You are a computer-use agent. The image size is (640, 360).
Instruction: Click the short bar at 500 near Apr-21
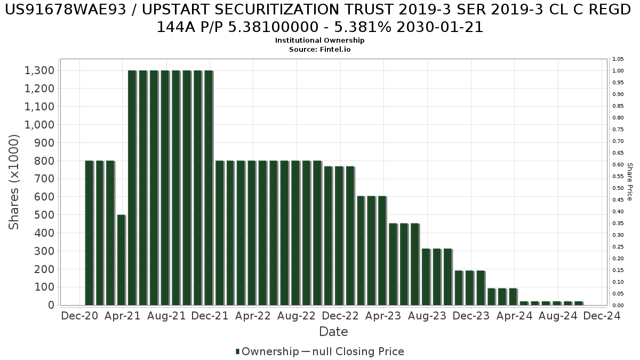coord(121,260)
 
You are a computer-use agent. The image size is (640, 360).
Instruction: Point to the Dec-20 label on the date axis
coord(79,316)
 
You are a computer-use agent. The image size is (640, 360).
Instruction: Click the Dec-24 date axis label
coord(602,316)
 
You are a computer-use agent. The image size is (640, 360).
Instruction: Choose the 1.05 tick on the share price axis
coord(618,59)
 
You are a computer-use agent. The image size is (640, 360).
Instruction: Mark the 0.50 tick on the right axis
coord(618,188)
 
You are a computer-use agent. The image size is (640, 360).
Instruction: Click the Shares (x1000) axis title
coord(14,182)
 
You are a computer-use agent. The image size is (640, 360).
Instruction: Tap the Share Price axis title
coord(630,182)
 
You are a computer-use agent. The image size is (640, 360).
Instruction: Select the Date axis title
coord(333,332)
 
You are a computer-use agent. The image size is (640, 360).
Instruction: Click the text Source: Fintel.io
coord(319,49)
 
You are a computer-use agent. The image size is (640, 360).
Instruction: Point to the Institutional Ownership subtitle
coord(319,41)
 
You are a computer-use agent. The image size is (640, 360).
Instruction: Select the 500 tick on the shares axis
coord(45,215)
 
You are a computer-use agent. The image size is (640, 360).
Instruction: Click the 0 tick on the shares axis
coord(51,305)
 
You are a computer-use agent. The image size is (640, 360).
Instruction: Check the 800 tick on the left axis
coord(45,161)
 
